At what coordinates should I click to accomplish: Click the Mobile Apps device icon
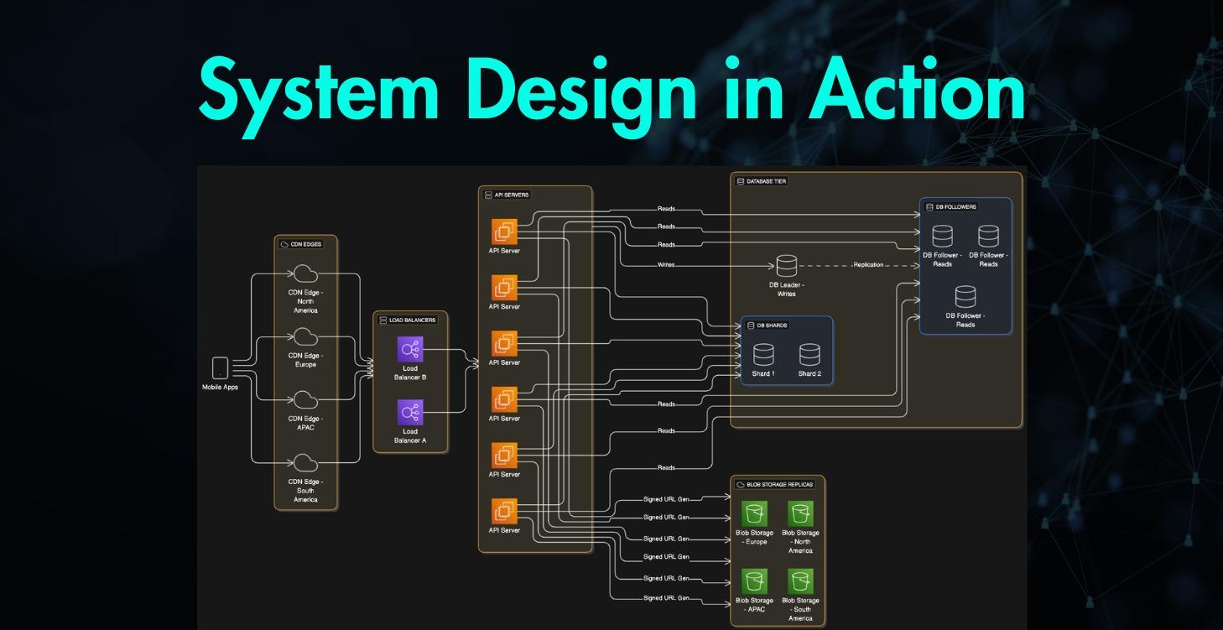[220, 368]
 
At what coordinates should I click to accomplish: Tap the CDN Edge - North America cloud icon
[305, 274]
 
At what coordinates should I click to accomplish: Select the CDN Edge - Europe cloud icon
[305, 337]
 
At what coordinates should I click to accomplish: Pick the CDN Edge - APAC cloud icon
[305, 400]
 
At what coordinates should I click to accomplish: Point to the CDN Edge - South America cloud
[305, 463]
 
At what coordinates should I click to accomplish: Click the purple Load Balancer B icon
[410, 350]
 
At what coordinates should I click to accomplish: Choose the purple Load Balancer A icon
[410, 413]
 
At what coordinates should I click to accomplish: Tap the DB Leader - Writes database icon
[786, 266]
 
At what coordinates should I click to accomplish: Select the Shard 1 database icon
[762, 355]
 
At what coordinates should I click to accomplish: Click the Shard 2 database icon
[809, 355]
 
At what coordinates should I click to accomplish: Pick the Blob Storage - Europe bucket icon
[754, 513]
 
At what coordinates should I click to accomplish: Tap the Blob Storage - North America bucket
[800, 513]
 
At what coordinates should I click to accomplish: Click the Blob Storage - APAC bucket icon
[754, 581]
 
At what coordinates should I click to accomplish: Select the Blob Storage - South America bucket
[800, 581]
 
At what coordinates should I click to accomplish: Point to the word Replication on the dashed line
[868, 265]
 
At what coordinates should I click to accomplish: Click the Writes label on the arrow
[666, 265]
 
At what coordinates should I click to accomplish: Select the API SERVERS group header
[507, 195]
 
